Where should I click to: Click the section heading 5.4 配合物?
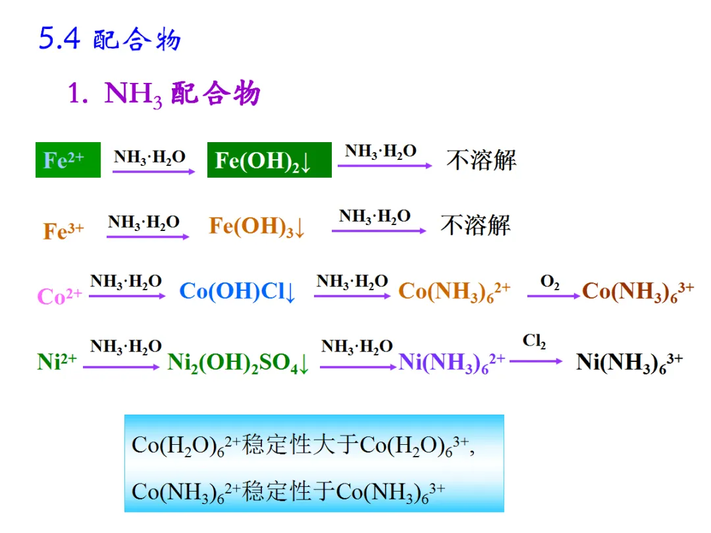click(110, 39)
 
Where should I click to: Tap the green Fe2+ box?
click(68, 160)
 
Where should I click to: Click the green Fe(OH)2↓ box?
click(269, 161)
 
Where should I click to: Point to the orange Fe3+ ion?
click(63, 230)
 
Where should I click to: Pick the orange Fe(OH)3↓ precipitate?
click(257, 227)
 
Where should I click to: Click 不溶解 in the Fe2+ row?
click(481, 160)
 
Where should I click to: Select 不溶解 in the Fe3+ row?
click(475, 226)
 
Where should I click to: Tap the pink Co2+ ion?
click(60, 296)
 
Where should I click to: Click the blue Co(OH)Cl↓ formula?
click(238, 292)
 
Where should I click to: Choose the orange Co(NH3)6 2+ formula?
click(454, 292)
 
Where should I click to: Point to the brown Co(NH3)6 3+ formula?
click(638, 292)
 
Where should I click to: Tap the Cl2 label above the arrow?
click(535, 341)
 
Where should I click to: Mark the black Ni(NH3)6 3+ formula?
click(629, 363)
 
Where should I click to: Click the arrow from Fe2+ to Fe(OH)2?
click(153, 171)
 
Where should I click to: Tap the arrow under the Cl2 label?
click(536, 361)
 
